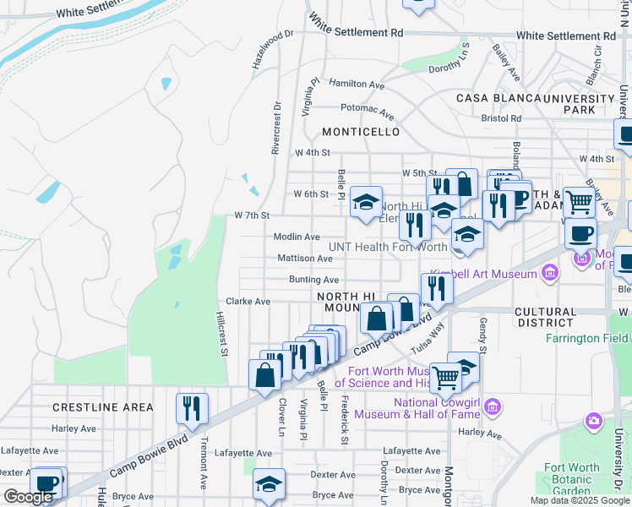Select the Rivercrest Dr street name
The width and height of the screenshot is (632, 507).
(x=275, y=128)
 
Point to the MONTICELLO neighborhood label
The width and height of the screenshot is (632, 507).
(x=361, y=133)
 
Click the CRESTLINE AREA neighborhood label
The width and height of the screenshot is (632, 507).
(x=103, y=407)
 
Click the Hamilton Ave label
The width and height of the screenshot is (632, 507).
(x=357, y=84)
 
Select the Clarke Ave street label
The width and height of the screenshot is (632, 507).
(x=248, y=301)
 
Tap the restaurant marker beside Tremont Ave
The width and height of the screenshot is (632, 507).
(x=192, y=409)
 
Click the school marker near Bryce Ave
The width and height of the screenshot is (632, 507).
(x=269, y=484)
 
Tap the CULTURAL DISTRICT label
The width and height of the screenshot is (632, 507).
(x=545, y=317)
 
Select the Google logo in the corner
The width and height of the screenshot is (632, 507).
(x=28, y=497)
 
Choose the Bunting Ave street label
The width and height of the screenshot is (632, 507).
(x=313, y=280)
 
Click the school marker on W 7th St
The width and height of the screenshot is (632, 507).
(x=366, y=203)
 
